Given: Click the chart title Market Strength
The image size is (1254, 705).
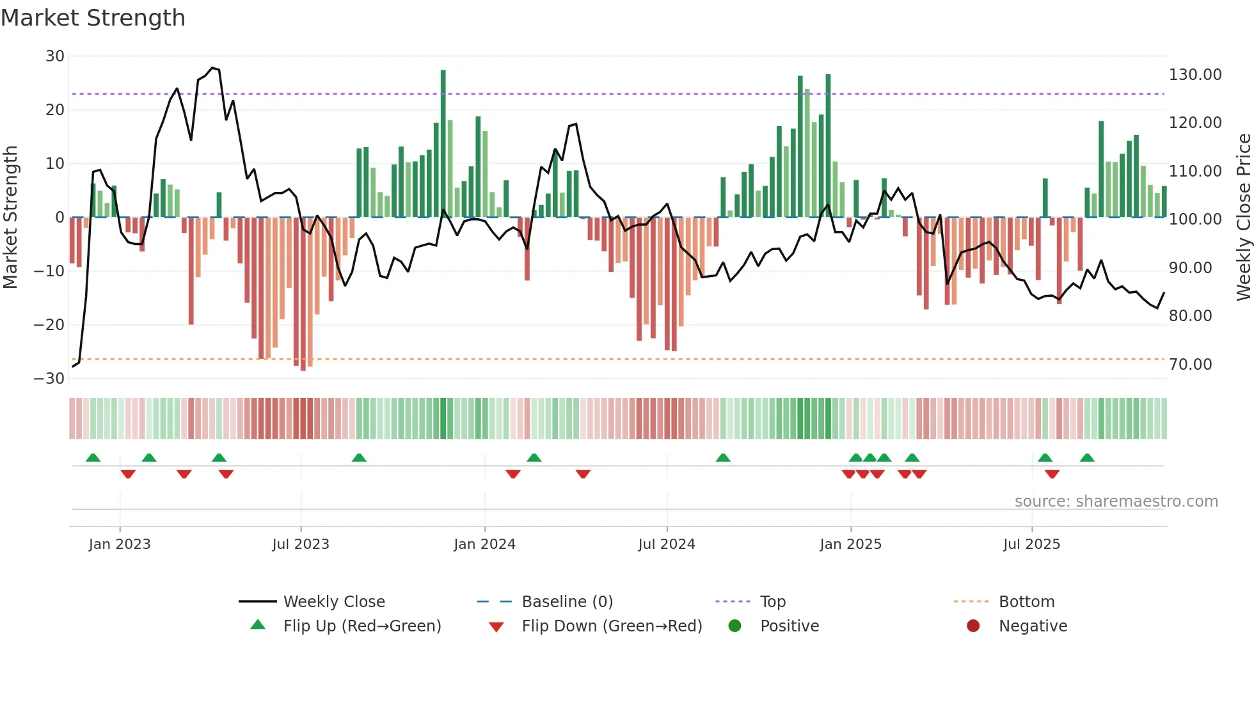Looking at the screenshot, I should [93, 18].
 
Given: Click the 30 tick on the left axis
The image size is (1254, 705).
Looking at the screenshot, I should [55, 56].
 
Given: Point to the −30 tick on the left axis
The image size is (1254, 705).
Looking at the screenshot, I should [50, 378].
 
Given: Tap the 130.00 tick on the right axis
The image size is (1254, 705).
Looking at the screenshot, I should [1194, 75].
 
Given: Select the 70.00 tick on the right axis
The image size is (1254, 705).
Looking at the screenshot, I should [1190, 365].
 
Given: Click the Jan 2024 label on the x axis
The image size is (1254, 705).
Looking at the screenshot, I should [484, 544].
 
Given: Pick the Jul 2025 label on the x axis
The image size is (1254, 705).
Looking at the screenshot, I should [1031, 544].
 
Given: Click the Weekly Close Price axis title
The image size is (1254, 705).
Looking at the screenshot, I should [1243, 217].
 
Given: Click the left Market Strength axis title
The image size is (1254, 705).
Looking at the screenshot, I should [11, 217].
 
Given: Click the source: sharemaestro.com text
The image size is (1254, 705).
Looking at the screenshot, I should [1116, 502].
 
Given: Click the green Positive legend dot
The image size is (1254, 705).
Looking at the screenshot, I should [734, 626].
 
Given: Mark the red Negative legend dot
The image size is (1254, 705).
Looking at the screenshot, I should [973, 626].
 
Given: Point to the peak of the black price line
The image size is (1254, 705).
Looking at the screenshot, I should [212, 67].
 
